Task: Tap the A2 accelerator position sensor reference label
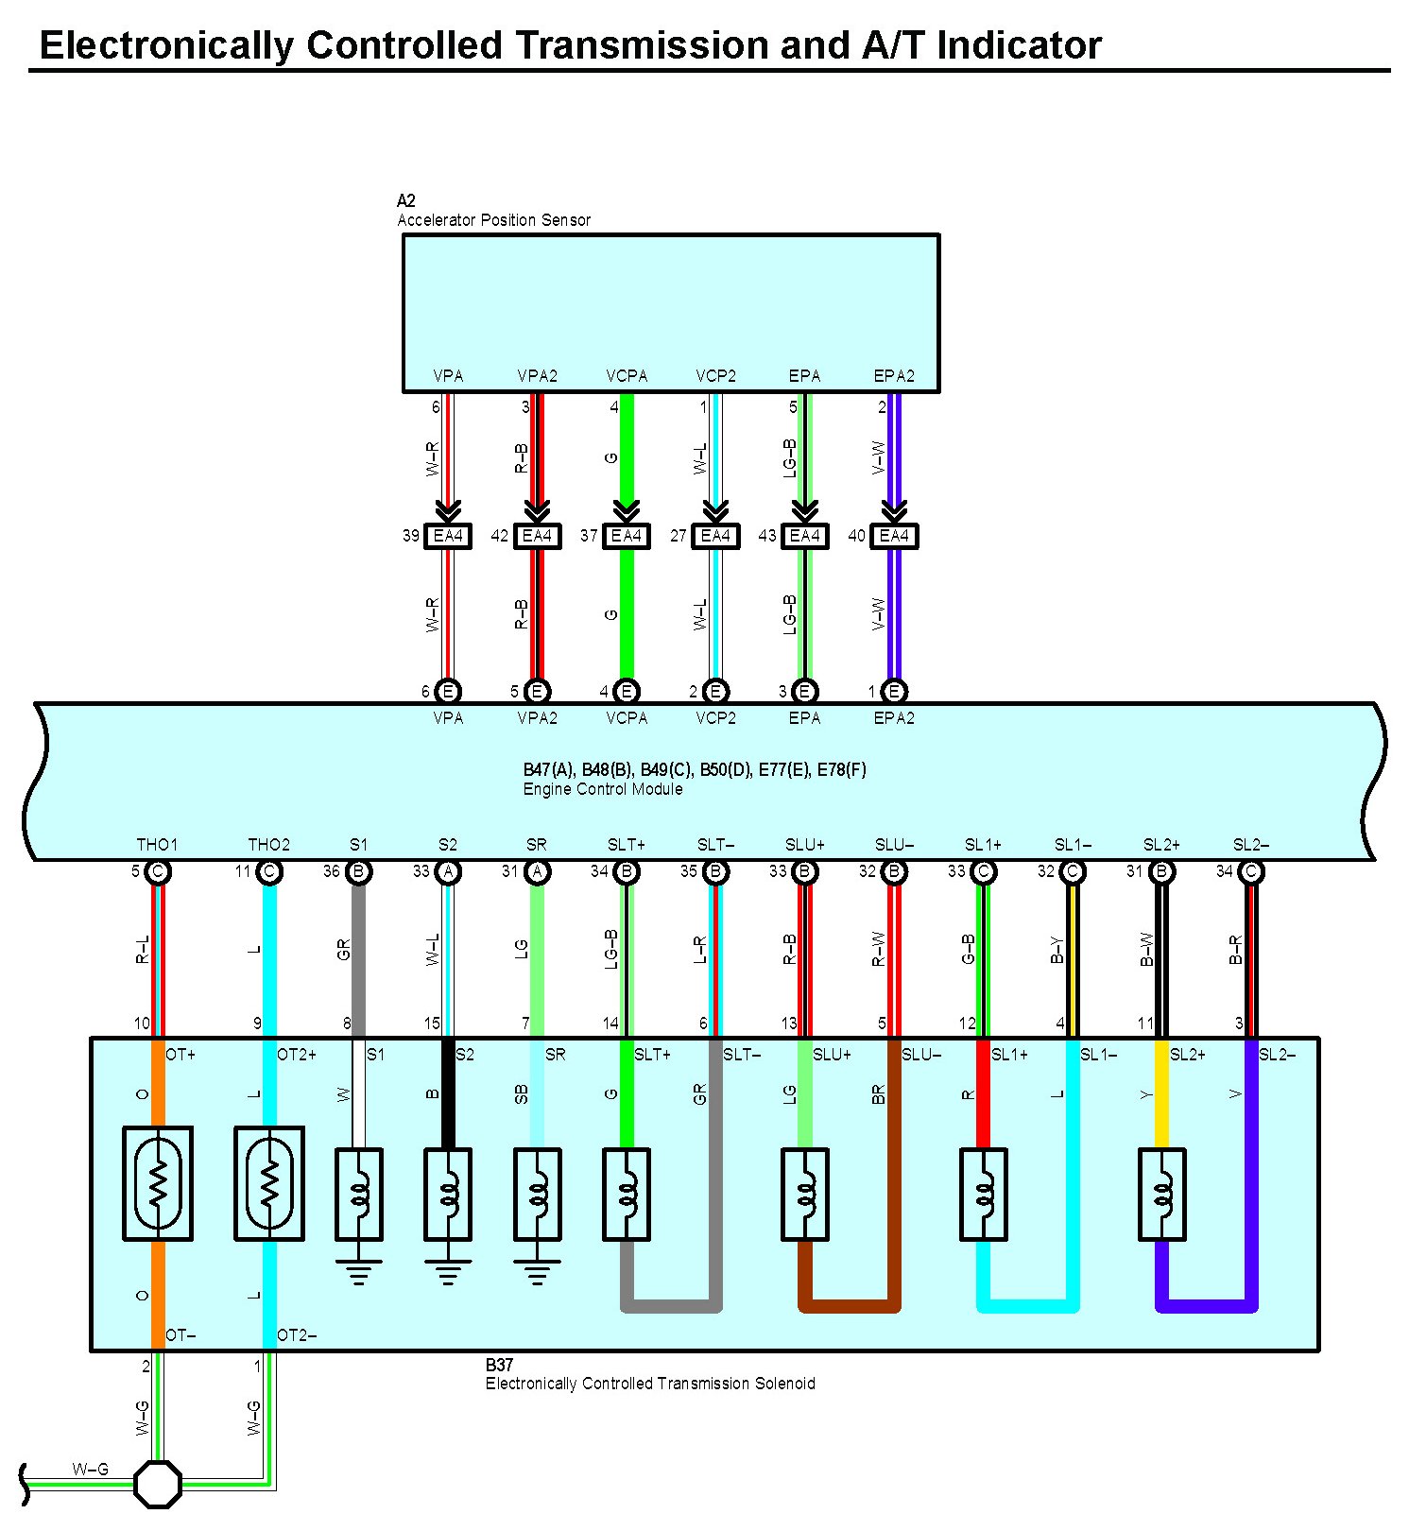click(x=406, y=200)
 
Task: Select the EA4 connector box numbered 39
click(x=447, y=536)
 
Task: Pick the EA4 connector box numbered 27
click(x=715, y=536)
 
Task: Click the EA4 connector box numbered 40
click(x=894, y=536)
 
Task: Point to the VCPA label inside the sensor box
click(x=627, y=376)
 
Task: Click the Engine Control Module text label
click(x=603, y=789)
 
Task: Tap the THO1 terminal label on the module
click(x=157, y=845)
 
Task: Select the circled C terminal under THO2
click(x=269, y=871)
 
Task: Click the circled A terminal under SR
click(x=537, y=871)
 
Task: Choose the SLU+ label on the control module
click(x=805, y=845)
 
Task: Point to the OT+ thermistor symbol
click(x=158, y=1183)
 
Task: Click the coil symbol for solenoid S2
click(x=448, y=1195)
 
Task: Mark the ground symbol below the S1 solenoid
click(x=359, y=1272)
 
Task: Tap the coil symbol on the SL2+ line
click(x=1161, y=1195)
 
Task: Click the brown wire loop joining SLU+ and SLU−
click(x=850, y=1307)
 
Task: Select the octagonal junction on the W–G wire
click(x=158, y=1484)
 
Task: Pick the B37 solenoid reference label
click(x=499, y=1365)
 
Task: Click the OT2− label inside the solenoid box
click(x=297, y=1335)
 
